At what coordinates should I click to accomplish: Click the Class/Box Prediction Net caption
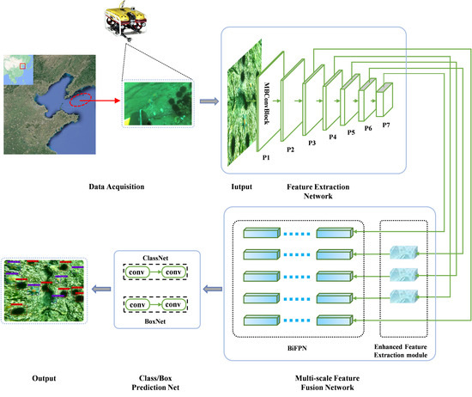[151, 382]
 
